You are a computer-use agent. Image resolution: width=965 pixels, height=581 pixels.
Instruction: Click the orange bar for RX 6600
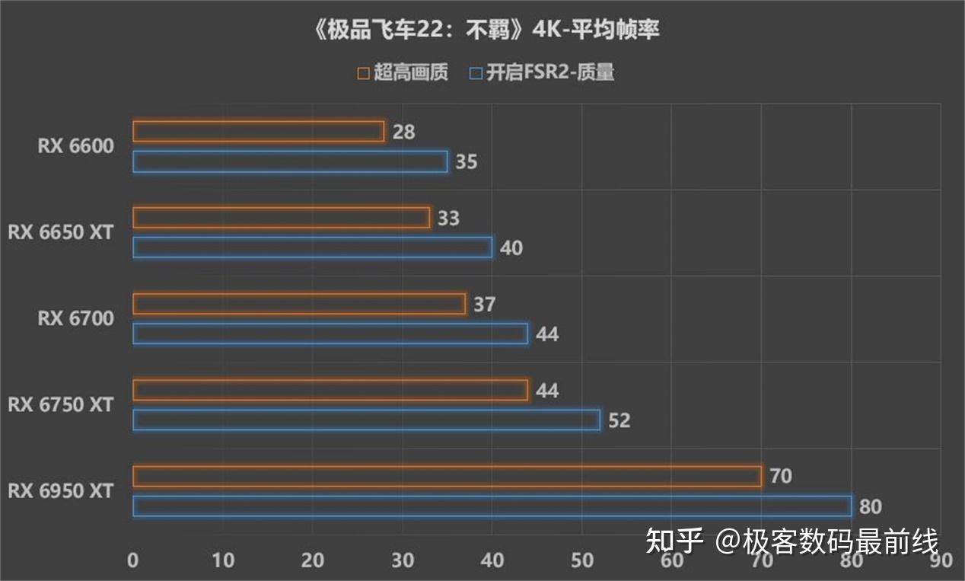[259, 132]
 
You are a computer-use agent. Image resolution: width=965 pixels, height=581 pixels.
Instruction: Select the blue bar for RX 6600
[290, 161]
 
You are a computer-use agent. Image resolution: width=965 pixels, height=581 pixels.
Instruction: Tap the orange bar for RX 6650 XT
[281, 218]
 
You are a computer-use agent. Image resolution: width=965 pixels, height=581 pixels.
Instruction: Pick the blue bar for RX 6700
[330, 334]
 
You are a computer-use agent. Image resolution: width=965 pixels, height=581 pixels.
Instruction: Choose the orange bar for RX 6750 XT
[330, 390]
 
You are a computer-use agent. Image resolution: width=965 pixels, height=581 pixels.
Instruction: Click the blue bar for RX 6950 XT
[492, 506]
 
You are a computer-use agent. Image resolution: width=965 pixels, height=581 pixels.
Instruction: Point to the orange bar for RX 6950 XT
[447, 476]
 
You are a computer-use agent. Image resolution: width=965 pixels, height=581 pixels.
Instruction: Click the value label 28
[404, 132]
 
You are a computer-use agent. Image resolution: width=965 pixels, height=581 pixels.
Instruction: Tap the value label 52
[619, 420]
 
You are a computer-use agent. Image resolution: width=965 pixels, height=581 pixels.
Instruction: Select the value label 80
[871, 506]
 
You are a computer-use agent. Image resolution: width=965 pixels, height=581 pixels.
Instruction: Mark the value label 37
[484, 305]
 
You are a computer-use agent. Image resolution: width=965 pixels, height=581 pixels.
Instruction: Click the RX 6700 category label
[75, 318]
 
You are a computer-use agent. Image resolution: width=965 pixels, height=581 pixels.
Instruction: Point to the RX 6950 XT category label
[60, 491]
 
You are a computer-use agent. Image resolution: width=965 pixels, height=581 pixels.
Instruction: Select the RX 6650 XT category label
[60, 232]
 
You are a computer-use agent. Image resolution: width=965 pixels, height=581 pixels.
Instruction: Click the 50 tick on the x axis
[582, 560]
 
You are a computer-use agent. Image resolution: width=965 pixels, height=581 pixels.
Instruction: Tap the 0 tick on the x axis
[133, 560]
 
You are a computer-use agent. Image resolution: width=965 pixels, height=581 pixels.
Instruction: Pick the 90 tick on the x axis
[941, 560]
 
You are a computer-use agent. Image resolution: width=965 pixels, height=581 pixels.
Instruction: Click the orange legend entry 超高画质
[403, 73]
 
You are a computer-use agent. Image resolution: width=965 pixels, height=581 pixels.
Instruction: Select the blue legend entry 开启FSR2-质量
[542, 73]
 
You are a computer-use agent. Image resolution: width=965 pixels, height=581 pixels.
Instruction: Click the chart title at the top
[482, 30]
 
